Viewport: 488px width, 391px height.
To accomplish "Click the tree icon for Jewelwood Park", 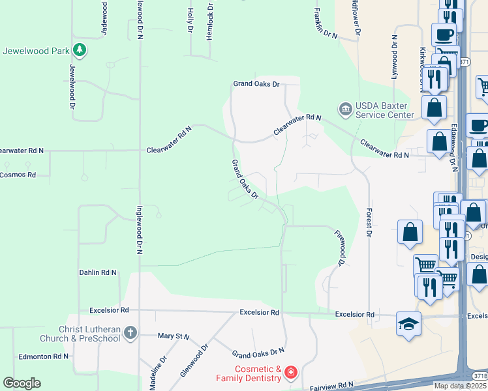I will coord(79,50).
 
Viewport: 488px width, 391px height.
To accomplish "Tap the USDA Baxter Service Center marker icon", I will coord(344,107).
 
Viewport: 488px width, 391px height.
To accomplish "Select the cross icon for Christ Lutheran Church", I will coord(130,334).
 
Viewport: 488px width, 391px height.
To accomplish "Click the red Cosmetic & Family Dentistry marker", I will coord(290,373).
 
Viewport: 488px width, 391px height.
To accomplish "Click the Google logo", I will coord(22,383).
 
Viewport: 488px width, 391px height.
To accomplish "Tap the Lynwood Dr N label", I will coord(394,57).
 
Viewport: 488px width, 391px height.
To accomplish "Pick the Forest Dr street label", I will coord(369,221).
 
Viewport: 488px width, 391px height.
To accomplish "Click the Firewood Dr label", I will coord(339,247).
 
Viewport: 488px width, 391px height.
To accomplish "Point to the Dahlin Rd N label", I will coord(98,272).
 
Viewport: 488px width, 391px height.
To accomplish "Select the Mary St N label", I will coord(174,336).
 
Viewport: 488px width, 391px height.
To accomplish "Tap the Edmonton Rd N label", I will coord(44,356).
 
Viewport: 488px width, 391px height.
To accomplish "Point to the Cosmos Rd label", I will coord(18,175).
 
